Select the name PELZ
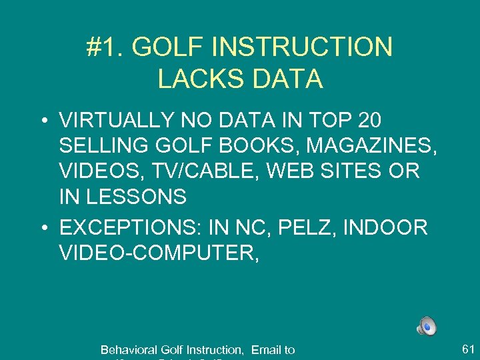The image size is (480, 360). pyautogui.click(x=313, y=227)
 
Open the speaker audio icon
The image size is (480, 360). pyautogui.click(x=427, y=326)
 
